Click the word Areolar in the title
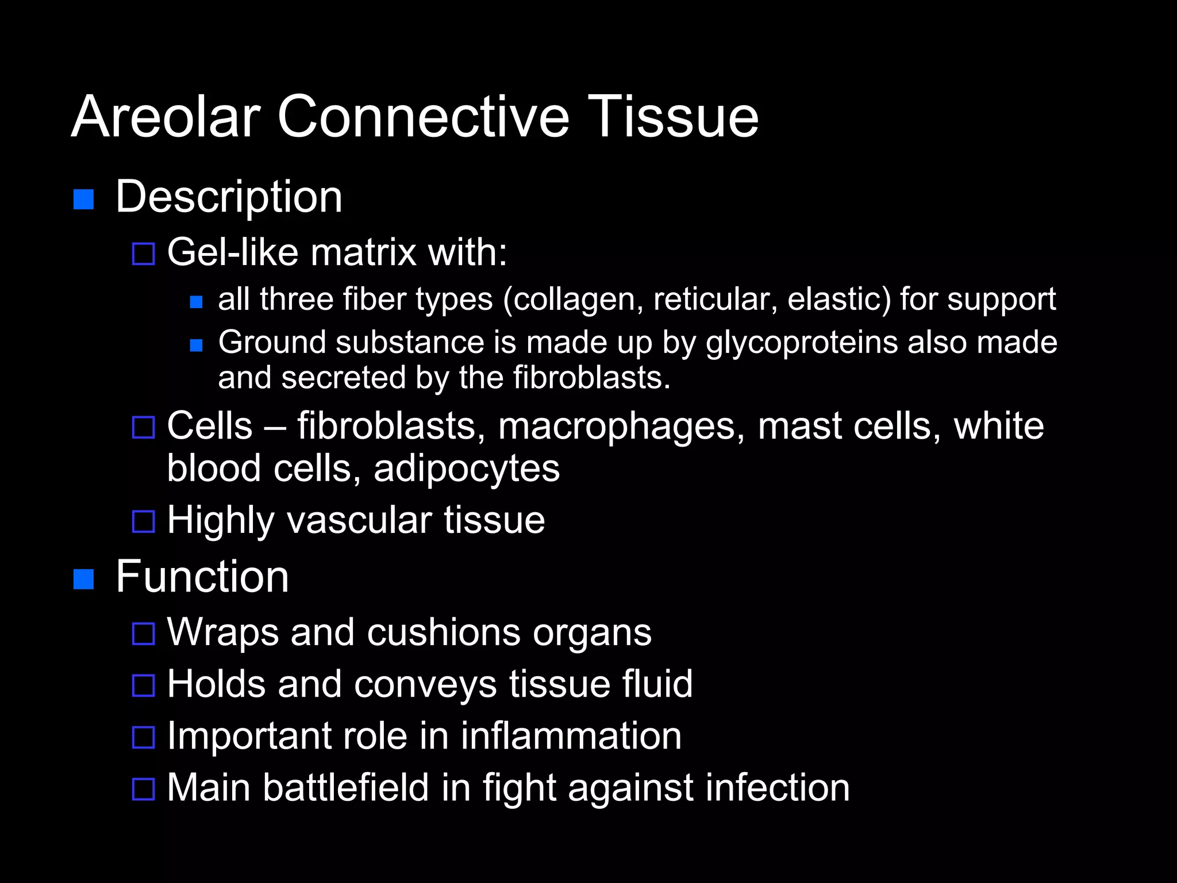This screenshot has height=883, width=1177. (166, 117)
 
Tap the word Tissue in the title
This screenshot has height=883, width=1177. (672, 117)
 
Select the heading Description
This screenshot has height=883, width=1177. (229, 197)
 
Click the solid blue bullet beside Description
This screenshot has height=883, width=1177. (84, 199)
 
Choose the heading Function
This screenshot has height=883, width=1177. (202, 577)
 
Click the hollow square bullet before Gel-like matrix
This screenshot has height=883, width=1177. (144, 254)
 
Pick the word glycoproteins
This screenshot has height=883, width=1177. (802, 343)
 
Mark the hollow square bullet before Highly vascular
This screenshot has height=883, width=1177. (144, 521)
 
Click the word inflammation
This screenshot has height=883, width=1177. (571, 736)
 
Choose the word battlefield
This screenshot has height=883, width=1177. (346, 788)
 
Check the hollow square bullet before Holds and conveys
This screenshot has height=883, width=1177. (144, 685)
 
